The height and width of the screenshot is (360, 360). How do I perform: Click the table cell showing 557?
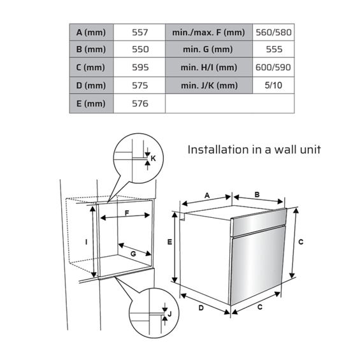click(140, 32)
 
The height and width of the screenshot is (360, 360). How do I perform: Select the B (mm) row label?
click(91, 49)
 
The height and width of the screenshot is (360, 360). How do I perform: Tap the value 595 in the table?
click(140, 68)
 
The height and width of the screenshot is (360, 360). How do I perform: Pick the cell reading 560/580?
click(273, 32)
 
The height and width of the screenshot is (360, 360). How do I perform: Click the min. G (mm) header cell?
click(208, 49)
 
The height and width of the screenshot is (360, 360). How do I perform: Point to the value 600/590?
click(273, 68)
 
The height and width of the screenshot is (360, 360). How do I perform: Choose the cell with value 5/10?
click(273, 85)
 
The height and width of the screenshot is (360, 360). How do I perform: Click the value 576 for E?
click(140, 104)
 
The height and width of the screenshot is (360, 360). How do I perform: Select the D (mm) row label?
click(91, 85)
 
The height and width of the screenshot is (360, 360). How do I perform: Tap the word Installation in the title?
click(218, 150)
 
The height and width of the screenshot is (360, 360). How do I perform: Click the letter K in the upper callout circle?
click(153, 158)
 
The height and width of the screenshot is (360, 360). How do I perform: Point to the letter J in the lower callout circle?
click(169, 313)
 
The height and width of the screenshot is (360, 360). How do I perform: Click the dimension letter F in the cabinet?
click(127, 213)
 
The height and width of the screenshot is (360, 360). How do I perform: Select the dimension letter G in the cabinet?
click(133, 254)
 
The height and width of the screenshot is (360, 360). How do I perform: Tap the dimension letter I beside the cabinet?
click(86, 242)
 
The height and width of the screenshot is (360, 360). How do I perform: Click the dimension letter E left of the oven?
click(169, 242)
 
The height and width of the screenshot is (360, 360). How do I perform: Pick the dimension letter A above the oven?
click(207, 196)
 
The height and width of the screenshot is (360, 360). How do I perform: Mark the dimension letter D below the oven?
click(201, 308)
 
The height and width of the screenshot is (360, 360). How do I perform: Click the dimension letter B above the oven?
click(257, 194)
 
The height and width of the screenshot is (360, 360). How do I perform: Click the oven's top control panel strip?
click(259, 222)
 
